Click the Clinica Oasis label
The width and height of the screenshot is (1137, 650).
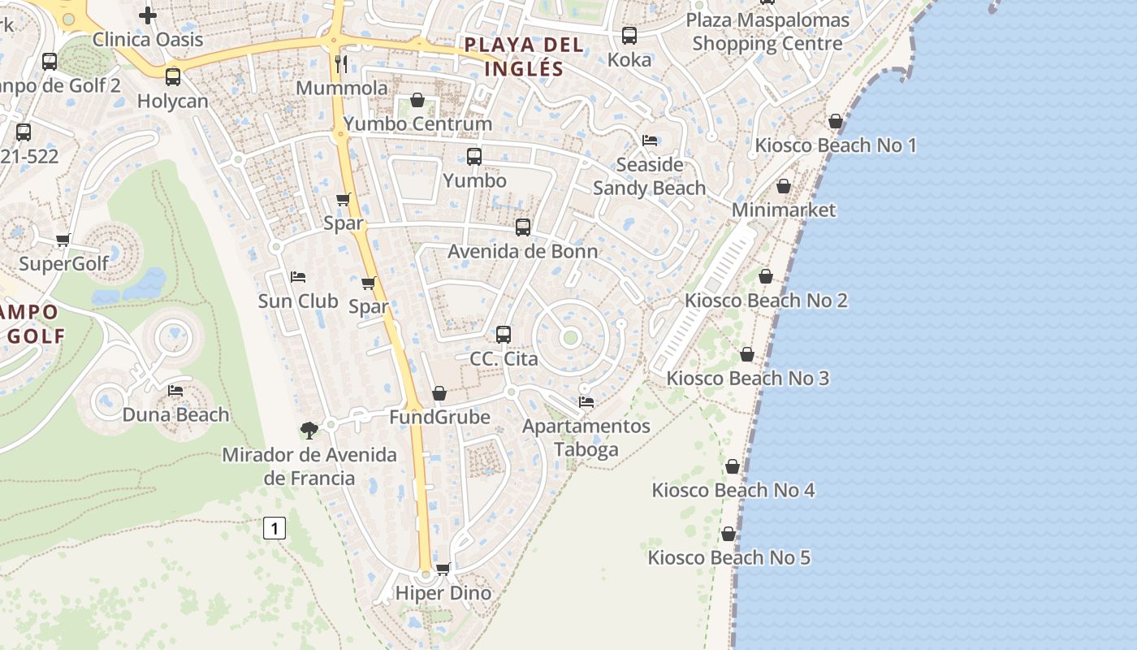(x=147, y=39)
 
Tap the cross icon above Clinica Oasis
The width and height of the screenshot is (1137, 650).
(x=147, y=15)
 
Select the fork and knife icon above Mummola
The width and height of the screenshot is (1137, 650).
(x=341, y=64)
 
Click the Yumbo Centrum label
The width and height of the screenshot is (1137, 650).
(x=417, y=123)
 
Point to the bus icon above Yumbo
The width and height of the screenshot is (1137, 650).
(x=474, y=157)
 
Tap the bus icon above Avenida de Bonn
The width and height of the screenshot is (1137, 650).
(x=523, y=227)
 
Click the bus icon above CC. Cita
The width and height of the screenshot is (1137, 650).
(x=504, y=334)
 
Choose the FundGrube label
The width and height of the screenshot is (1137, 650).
(x=439, y=417)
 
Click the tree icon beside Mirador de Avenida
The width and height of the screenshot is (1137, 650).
(x=309, y=430)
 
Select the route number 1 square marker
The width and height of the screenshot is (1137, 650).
(x=275, y=528)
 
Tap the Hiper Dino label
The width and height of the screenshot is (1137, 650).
(x=443, y=593)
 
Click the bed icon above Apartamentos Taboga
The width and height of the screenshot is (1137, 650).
(x=586, y=401)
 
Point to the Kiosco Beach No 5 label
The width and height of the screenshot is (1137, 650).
(x=728, y=557)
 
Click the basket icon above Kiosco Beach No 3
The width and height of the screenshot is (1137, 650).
(x=746, y=354)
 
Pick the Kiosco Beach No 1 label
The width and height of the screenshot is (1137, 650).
(x=836, y=145)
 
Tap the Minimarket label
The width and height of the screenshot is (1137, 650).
(x=783, y=210)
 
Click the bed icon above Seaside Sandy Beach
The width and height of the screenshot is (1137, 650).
(x=649, y=141)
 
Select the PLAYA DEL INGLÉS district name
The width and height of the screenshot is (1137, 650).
(x=524, y=56)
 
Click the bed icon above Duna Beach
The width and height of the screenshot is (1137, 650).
(x=175, y=391)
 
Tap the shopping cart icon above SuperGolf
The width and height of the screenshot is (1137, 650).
(x=63, y=240)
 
